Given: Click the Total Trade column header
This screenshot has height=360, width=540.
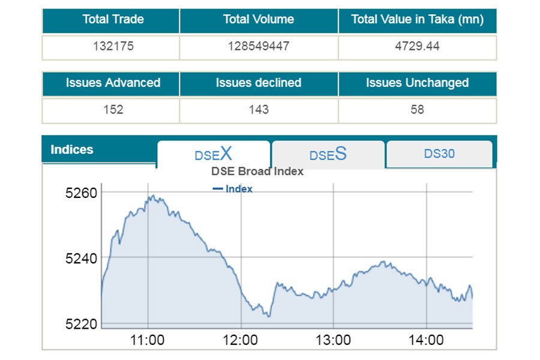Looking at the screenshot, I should (113, 20).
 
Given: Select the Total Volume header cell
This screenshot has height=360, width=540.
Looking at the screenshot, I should (259, 20).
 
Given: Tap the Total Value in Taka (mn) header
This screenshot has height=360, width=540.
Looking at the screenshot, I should (417, 20).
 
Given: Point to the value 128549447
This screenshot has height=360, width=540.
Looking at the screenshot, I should (259, 46).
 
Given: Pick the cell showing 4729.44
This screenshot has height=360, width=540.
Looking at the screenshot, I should (417, 46).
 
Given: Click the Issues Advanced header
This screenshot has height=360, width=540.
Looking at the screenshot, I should (113, 83).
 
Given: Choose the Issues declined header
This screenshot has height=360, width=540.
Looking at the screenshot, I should (259, 83).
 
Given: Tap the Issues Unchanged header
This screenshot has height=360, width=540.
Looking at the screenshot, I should (417, 83).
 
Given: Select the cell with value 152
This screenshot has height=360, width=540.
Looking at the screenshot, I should (113, 110).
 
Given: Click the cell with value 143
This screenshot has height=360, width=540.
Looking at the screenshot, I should (259, 110).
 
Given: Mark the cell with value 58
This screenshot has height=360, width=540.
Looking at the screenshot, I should (417, 110).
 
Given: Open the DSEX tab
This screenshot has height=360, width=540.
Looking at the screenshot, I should (213, 154).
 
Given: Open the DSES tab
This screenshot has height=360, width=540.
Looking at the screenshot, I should (328, 154).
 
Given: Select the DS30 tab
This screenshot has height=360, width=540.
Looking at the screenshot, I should (439, 154).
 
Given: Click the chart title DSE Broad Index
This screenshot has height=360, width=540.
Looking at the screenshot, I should (257, 172).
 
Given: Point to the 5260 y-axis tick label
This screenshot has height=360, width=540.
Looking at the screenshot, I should (81, 193).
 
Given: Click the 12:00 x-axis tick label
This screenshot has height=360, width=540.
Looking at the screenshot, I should (240, 341).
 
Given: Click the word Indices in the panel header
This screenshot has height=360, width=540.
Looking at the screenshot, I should (72, 150).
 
